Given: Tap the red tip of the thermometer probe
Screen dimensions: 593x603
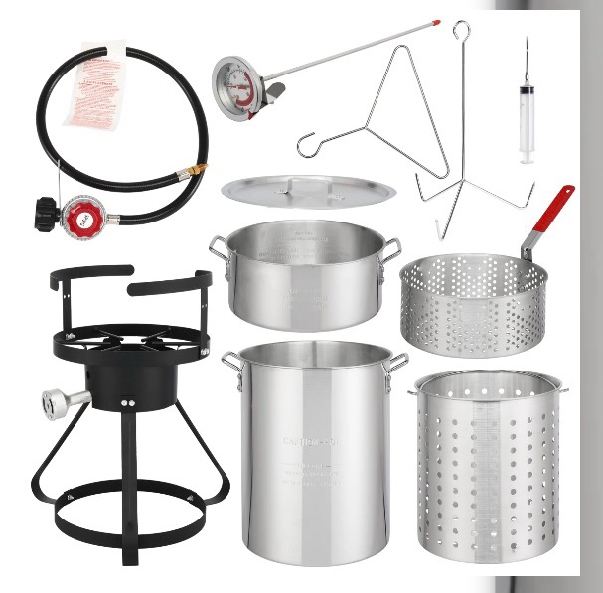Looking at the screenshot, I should point(434,19).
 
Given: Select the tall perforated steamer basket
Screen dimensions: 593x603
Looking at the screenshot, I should point(487,467).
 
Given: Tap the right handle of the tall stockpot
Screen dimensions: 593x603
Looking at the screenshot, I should point(397,363).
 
